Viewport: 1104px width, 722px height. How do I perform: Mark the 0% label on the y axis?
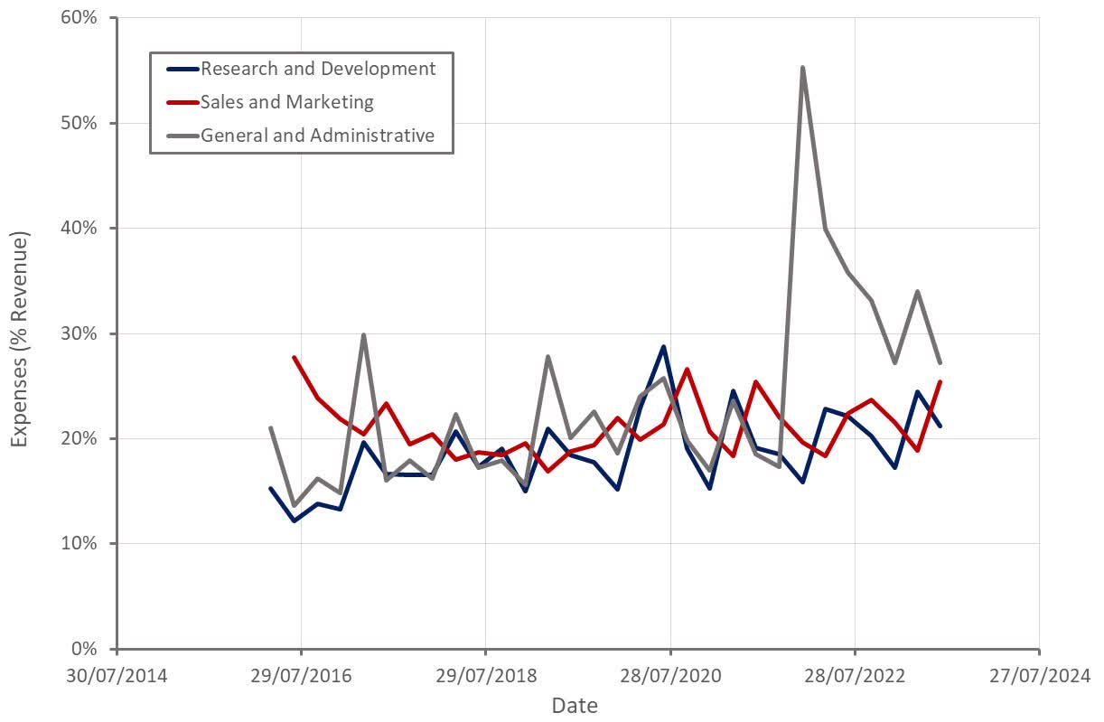pos(83,649)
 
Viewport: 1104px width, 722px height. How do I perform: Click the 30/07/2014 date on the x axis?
pos(117,674)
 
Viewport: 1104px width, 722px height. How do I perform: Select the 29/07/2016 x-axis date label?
pos(302,674)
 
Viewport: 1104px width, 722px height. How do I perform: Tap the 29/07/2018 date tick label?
pos(486,674)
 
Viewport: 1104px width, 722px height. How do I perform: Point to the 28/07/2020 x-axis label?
pos(670,674)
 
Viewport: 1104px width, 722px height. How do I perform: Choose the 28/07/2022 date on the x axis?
pos(855,674)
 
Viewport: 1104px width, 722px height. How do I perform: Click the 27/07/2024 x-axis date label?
pos(1039,674)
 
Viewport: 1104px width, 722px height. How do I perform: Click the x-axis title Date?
pos(575,705)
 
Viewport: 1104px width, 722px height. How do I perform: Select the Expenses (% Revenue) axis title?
pos(20,339)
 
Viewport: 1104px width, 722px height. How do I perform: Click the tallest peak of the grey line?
pos(802,67)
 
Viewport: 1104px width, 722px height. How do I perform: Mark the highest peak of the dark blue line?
pos(663,346)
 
